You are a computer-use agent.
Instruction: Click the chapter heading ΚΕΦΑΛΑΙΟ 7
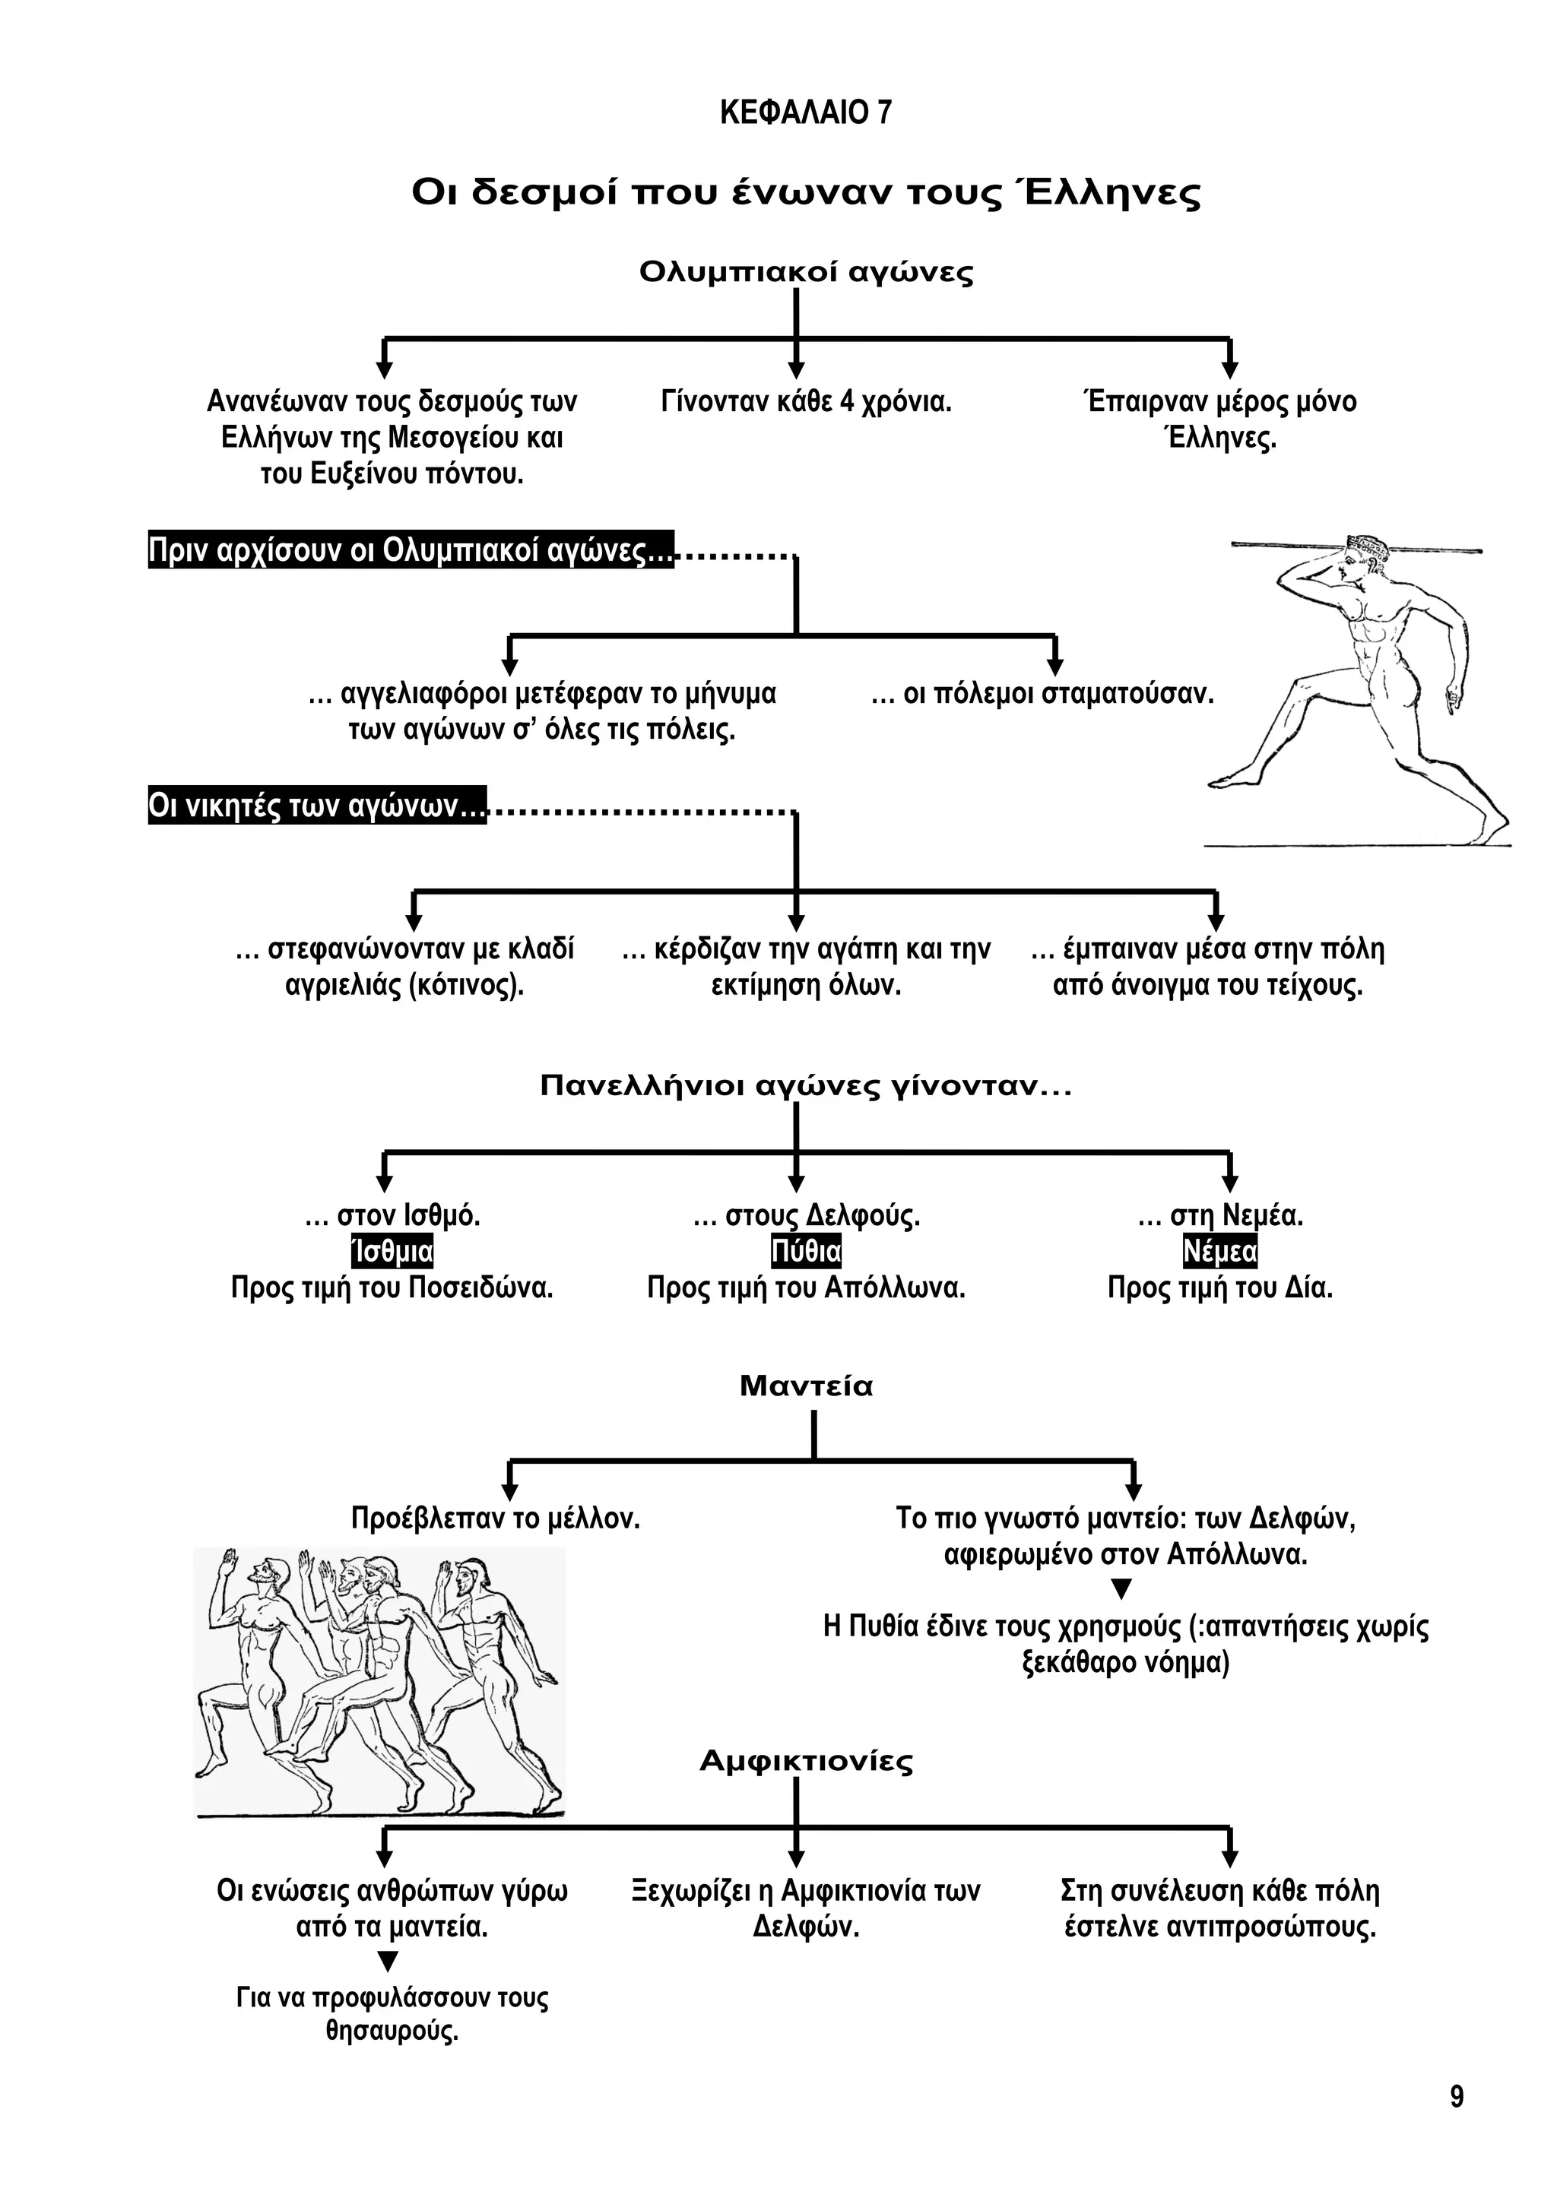pos(805,113)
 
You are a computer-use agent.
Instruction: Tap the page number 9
pos(1457,2097)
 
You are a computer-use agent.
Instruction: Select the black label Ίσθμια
pos(392,1252)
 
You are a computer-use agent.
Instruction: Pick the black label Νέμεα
pos(1219,1252)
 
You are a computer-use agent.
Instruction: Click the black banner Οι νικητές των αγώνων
pos(316,806)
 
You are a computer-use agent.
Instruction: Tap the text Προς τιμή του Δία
pos(1219,1287)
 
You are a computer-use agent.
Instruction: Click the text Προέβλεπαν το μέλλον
pos(495,1519)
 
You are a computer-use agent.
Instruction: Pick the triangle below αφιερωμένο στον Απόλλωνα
pos(1121,1591)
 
